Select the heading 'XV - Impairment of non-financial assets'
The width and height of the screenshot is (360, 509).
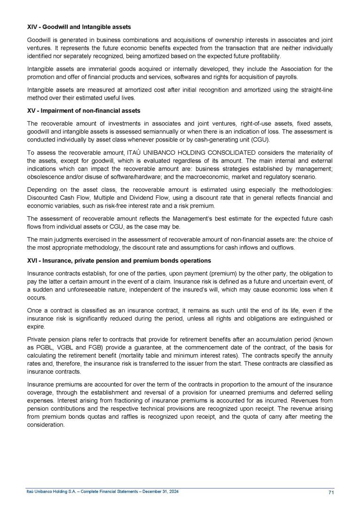pyautogui.click(x=83, y=110)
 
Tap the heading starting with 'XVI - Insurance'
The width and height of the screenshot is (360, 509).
pyautogui.click(x=119, y=260)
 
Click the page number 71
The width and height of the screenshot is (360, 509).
pyautogui.click(x=331, y=493)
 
